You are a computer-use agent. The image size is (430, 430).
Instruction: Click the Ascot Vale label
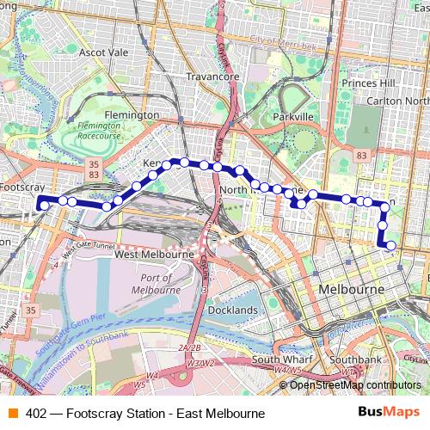click(103, 52)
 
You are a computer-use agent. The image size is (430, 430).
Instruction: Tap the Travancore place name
click(212, 77)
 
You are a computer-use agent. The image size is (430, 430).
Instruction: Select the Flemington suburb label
click(131, 114)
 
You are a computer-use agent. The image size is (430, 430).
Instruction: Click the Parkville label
click(290, 116)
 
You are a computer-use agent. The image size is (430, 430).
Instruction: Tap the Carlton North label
click(397, 101)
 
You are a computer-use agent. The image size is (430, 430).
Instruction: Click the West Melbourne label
click(154, 255)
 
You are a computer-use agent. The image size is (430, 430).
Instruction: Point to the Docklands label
click(231, 310)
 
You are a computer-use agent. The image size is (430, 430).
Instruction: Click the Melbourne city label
click(350, 290)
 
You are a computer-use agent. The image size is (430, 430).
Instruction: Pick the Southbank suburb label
click(355, 359)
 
